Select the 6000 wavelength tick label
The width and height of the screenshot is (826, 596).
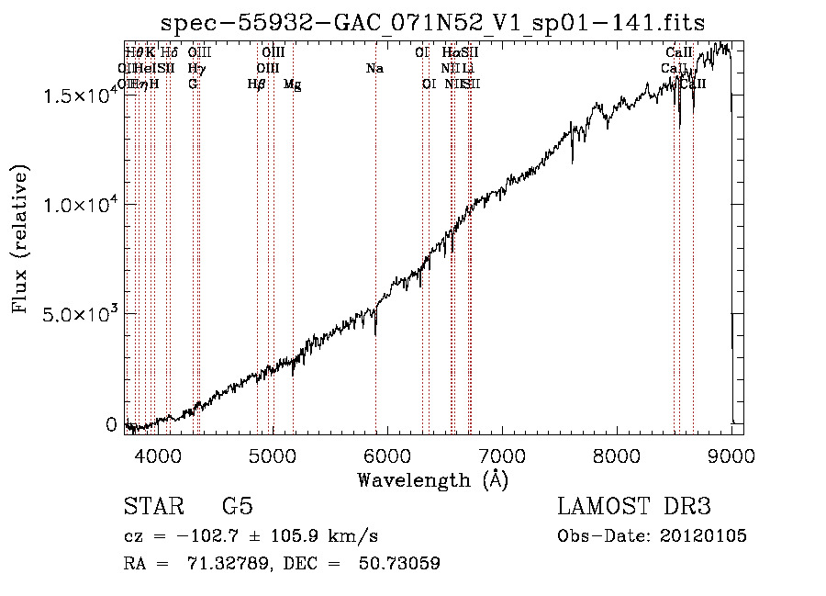[387, 456]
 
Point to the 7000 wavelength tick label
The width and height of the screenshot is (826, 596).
[502, 456]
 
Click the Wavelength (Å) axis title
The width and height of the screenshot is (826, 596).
[433, 479]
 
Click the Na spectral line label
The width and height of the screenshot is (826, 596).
[374, 69]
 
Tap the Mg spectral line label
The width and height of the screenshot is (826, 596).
[293, 84]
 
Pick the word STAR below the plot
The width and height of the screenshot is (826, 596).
[152, 508]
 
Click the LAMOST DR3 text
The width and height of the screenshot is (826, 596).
[633, 508]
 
